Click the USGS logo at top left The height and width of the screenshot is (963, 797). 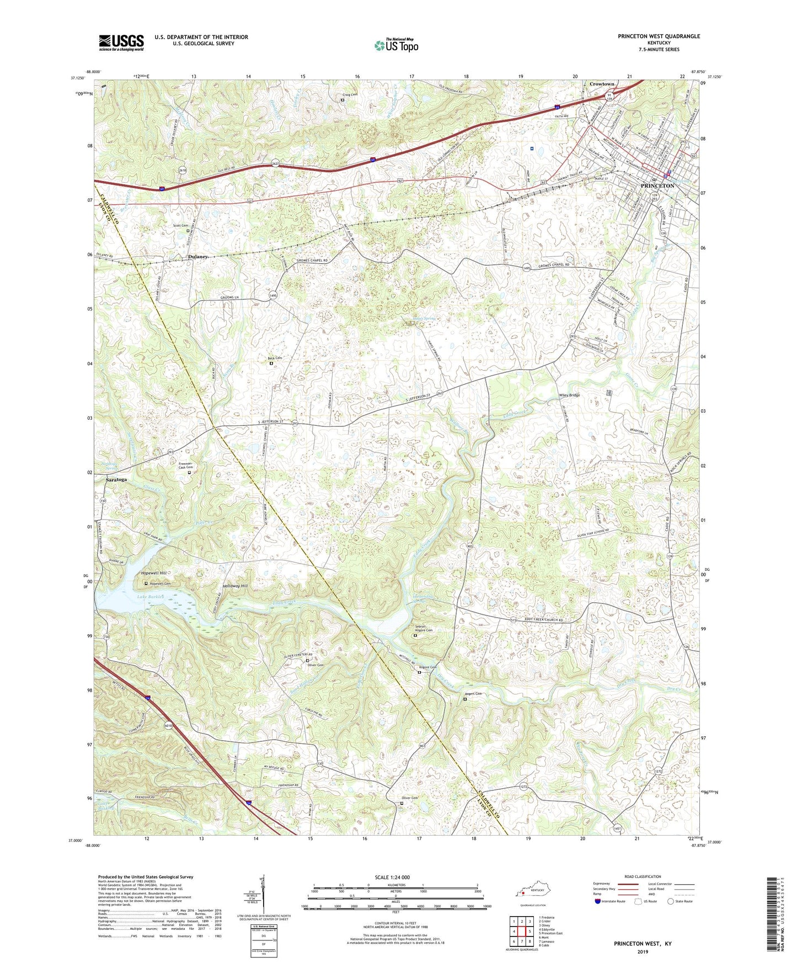click(121, 42)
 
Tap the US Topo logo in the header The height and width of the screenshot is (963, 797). click(396, 45)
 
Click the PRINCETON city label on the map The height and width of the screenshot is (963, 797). click(657, 186)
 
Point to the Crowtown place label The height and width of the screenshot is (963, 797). click(602, 84)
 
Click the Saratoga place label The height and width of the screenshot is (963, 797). click(116, 480)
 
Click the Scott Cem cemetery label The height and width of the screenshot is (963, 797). click(180, 226)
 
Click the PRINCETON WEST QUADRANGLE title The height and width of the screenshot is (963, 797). click(659, 36)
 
